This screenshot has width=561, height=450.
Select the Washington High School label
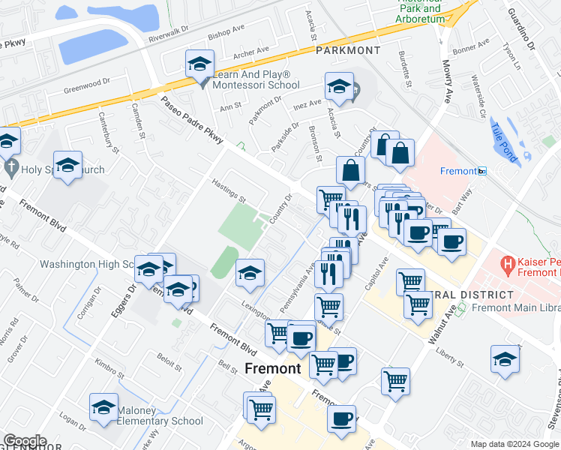point(78,264)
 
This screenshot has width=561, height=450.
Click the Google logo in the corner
point(25,441)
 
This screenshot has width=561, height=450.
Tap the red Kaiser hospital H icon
point(508,265)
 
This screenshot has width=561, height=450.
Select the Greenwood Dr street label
point(86,84)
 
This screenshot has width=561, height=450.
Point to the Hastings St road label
point(229,192)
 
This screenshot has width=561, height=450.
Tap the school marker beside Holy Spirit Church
point(67,166)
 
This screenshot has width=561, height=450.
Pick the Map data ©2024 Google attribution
point(514,444)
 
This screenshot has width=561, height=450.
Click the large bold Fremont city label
point(273,368)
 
